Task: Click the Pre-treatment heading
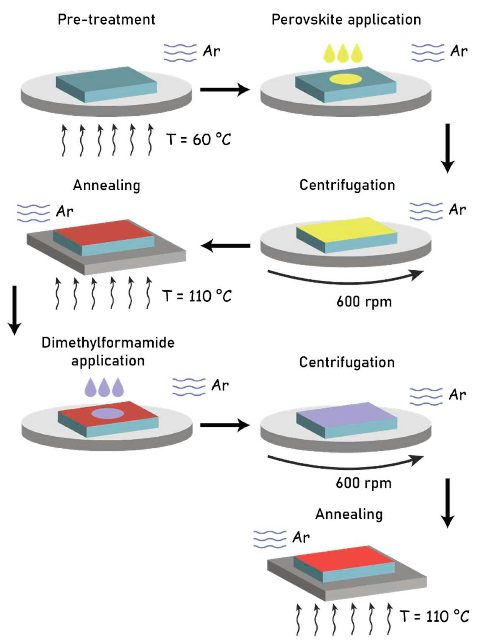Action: click(106, 20)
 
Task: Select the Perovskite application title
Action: click(346, 20)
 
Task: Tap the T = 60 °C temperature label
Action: click(198, 139)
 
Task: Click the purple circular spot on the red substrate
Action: click(108, 413)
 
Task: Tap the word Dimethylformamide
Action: click(108, 343)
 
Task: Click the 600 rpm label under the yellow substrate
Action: click(364, 302)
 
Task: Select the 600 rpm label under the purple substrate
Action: click(363, 483)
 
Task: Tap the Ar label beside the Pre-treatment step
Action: click(211, 51)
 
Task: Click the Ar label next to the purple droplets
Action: click(220, 386)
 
